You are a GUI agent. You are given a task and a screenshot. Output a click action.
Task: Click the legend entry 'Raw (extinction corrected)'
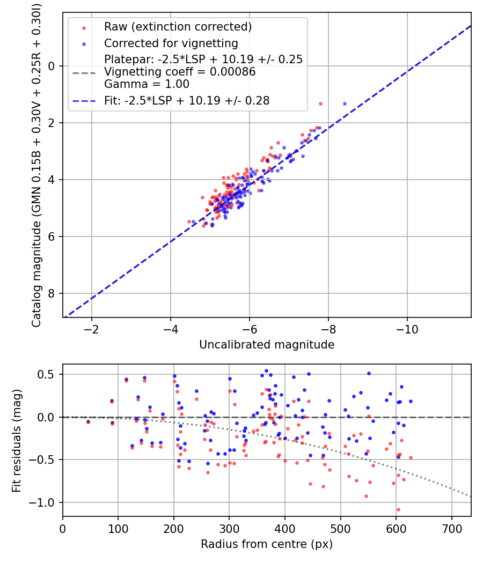pos(178,27)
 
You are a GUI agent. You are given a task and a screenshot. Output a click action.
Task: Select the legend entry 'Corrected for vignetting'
pos(171,43)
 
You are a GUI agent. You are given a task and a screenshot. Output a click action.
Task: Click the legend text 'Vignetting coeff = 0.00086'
pos(180,72)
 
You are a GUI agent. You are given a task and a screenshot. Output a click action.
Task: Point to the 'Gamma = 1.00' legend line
pos(147,84)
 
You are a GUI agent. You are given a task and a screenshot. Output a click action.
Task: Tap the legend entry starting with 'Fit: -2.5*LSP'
pos(186,100)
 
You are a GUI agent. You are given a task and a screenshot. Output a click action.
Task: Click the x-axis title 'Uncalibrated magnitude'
pos(267,345)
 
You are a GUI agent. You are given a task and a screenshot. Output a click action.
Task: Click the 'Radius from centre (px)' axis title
pos(267,544)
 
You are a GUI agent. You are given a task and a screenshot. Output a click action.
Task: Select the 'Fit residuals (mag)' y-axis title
pos(17,440)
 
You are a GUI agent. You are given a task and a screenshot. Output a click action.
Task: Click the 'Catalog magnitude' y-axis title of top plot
pos(36,164)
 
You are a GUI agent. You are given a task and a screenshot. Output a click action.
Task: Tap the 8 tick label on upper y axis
pos(52,293)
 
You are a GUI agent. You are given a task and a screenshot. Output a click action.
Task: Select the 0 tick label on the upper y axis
pos(52,66)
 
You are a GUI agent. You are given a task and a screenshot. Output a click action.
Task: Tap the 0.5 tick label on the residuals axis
pos(47,374)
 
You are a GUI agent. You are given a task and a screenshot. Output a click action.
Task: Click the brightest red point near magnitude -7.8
pos(320,103)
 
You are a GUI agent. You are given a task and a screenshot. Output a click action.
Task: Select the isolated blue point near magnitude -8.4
pos(345,103)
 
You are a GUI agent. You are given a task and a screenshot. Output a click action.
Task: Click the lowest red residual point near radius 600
pos(398,509)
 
